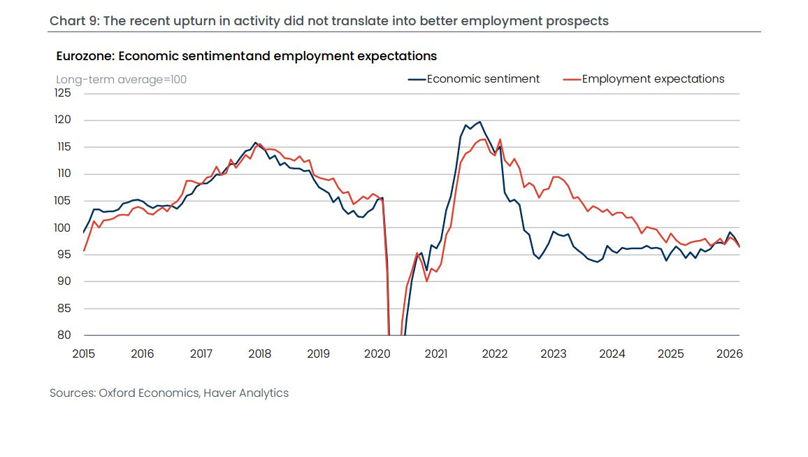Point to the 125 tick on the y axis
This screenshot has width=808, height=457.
[63, 93]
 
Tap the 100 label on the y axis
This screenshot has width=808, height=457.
[63, 227]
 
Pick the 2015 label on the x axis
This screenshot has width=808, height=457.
[83, 353]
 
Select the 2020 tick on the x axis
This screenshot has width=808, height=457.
[377, 353]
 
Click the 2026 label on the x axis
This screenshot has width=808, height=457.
[730, 353]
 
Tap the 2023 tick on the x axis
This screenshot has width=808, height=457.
[554, 353]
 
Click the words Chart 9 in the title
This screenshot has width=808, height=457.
[73, 21]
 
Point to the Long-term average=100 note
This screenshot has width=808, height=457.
[121, 79]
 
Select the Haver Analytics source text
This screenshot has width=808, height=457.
[246, 393]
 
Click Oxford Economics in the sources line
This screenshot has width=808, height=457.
[148, 393]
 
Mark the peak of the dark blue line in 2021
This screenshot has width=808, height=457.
[479, 122]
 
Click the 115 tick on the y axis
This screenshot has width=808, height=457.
[63, 147]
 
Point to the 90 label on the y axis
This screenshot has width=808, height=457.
[64, 281]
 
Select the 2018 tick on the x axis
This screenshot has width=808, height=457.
[259, 353]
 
